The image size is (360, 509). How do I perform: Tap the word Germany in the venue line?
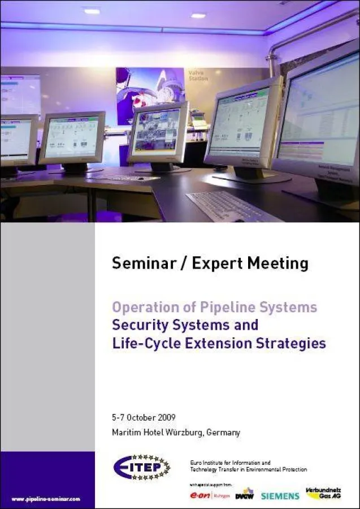(x=223, y=433)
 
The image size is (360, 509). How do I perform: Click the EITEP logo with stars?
(x=141, y=467)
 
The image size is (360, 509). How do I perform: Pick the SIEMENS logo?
(x=280, y=496)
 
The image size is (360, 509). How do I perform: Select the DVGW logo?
(x=245, y=494)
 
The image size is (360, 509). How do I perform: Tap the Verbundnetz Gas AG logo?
(x=324, y=493)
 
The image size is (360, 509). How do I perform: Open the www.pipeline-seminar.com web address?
(x=46, y=499)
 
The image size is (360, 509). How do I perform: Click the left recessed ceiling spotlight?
(x=92, y=11)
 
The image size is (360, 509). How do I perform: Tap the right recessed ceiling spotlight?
(x=198, y=15)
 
